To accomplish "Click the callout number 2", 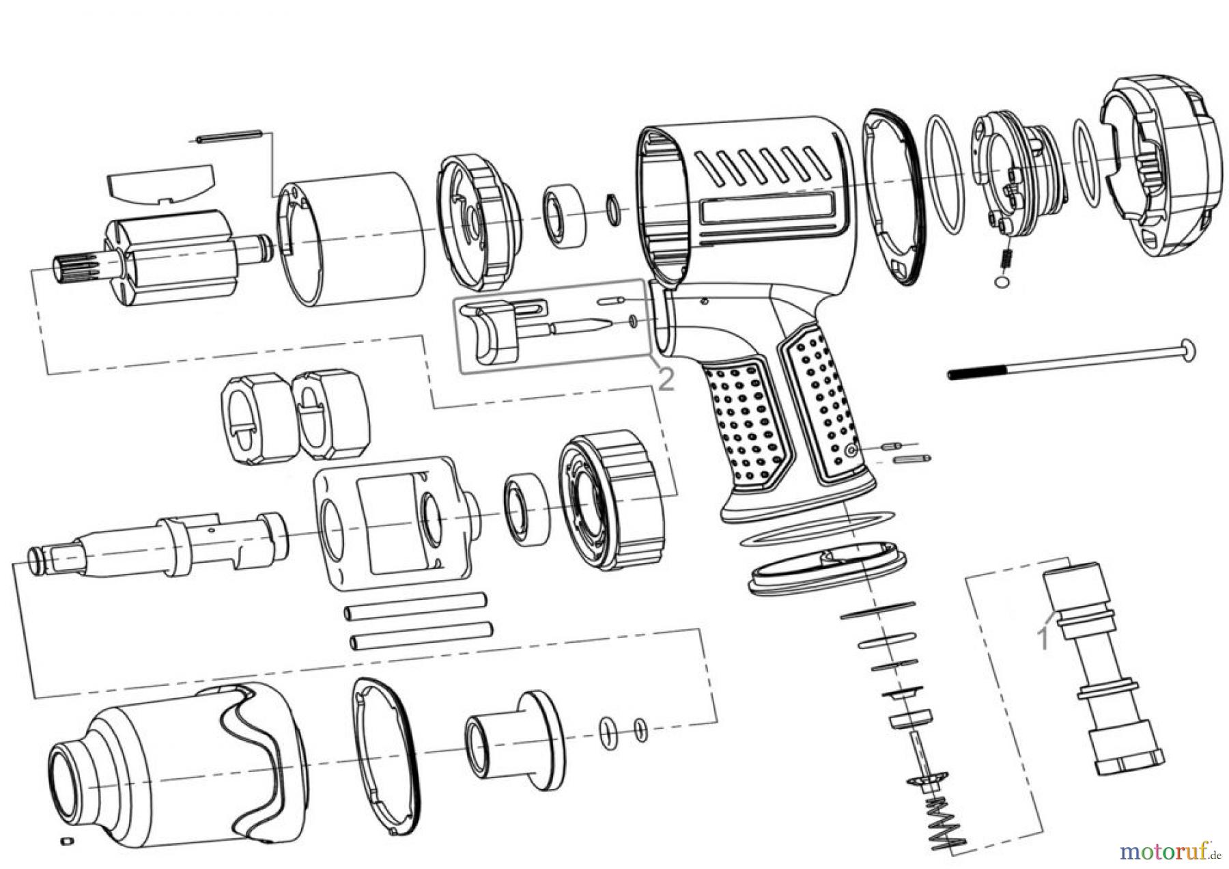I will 665,378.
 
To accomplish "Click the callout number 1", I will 1043,637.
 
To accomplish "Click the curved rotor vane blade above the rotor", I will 162,184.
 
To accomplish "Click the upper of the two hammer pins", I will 417,606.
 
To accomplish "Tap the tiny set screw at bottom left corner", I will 66,839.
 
